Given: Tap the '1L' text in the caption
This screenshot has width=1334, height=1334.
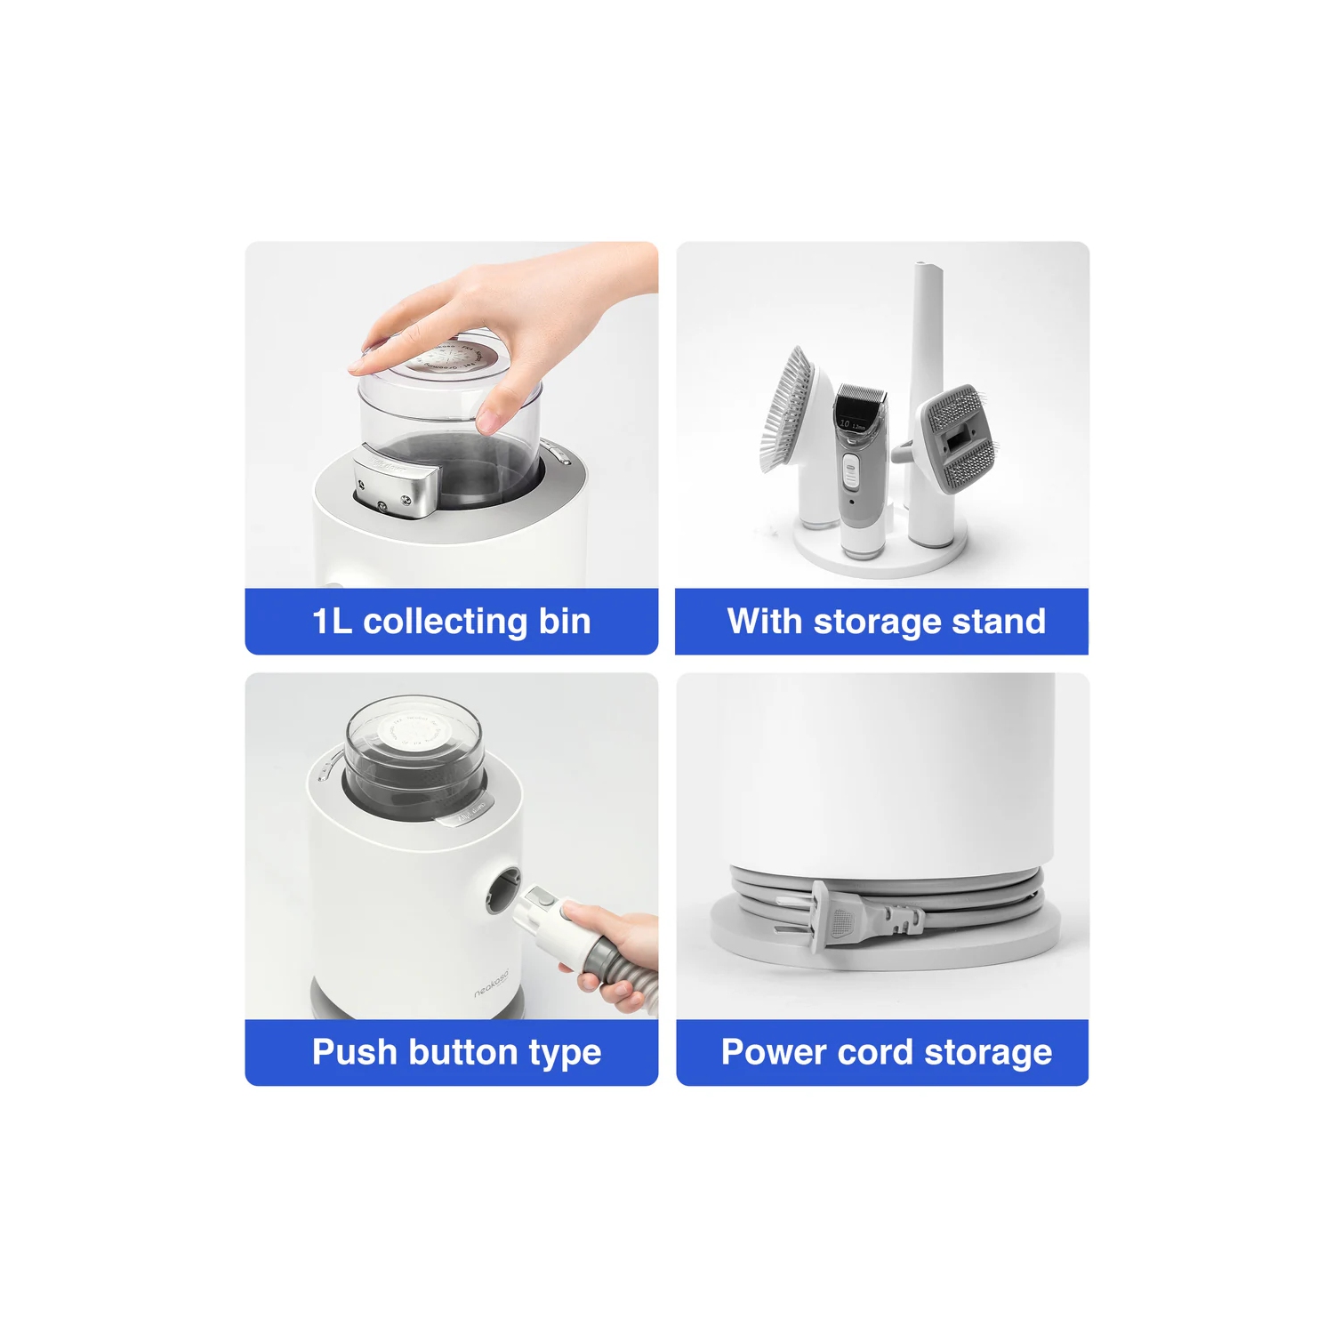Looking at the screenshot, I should click(332, 622).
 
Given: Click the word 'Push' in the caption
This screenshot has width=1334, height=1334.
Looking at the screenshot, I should click(354, 1052).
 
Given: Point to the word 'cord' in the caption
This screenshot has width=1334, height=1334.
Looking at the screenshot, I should click(875, 1052).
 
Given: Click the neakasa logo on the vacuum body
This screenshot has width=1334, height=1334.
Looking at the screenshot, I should click(491, 984).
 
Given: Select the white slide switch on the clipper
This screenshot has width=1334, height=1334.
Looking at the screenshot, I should click(851, 471).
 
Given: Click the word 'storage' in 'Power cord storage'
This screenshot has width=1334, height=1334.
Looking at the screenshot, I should click(987, 1052).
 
